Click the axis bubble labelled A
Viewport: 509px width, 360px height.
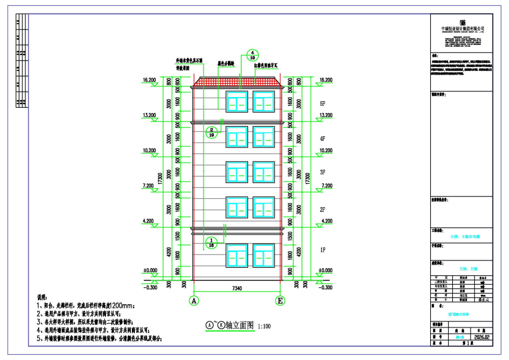[x=193, y=300]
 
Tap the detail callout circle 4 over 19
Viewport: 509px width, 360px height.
[x=252, y=55]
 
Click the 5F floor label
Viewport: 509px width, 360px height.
[x=323, y=103]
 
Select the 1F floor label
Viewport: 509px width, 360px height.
[x=323, y=250]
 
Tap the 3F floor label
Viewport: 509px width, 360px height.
[x=323, y=172]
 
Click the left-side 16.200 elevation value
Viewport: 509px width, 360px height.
[x=149, y=79]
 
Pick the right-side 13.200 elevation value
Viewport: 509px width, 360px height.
[x=326, y=115]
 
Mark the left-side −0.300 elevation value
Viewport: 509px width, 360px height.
[x=150, y=288]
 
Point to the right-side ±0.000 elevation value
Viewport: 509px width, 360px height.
[x=326, y=271]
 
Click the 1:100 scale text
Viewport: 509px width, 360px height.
[x=264, y=326]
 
